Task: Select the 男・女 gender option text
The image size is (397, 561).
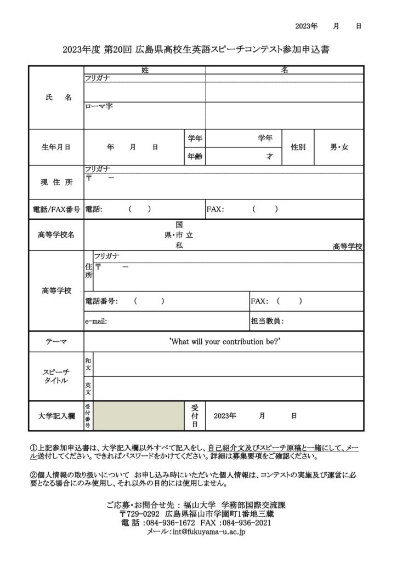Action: pyautogui.click(x=339, y=147)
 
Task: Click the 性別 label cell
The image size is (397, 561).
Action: pyautogui.click(x=298, y=147)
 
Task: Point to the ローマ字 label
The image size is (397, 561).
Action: pyautogui.click(x=99, y=106)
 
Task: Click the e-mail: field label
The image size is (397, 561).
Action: pyautogui.click(x=97, y=321)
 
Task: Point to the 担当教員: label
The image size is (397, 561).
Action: pyautogui.click(x=267, y=321)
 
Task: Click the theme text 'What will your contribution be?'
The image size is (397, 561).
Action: pyautogui.click(x=225, y=341)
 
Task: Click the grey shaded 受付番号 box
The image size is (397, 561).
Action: pyautogui.click(x=140, y=416)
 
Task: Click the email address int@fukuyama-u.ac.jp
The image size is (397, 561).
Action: pyautogui.click(x=208, y=532)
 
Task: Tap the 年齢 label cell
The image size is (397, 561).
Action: pyautogui.click(x=195, y=156)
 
